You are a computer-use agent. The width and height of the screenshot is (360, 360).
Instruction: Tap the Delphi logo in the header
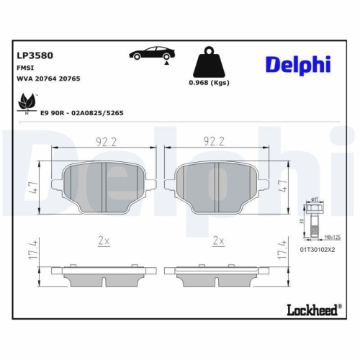tap(297, 64)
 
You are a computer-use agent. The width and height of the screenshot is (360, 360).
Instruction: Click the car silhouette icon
tap(151, 54)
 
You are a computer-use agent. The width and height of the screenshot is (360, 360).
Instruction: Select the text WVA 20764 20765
tap(48, 78)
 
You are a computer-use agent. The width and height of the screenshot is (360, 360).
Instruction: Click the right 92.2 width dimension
tap(215, 143)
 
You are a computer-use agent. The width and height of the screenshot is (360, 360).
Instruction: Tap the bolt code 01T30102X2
tap(318, 248)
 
